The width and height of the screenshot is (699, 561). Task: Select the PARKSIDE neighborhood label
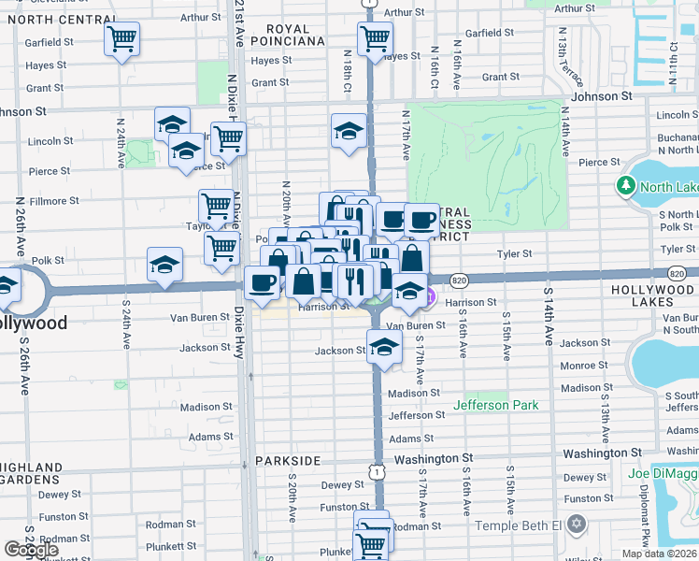(x=289, y=461)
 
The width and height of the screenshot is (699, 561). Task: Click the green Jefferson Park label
(x=496, y=405)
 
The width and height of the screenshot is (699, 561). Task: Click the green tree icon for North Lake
(x=625, y=186)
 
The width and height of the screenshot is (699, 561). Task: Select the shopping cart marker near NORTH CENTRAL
(x=122, y=39)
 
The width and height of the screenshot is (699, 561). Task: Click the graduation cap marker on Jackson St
(x=383, y=347)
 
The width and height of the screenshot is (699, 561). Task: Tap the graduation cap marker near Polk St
(x=164, y=265)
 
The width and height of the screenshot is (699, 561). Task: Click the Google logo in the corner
(x=31, y=550)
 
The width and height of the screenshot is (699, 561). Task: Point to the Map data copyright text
(x=658, y=554)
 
